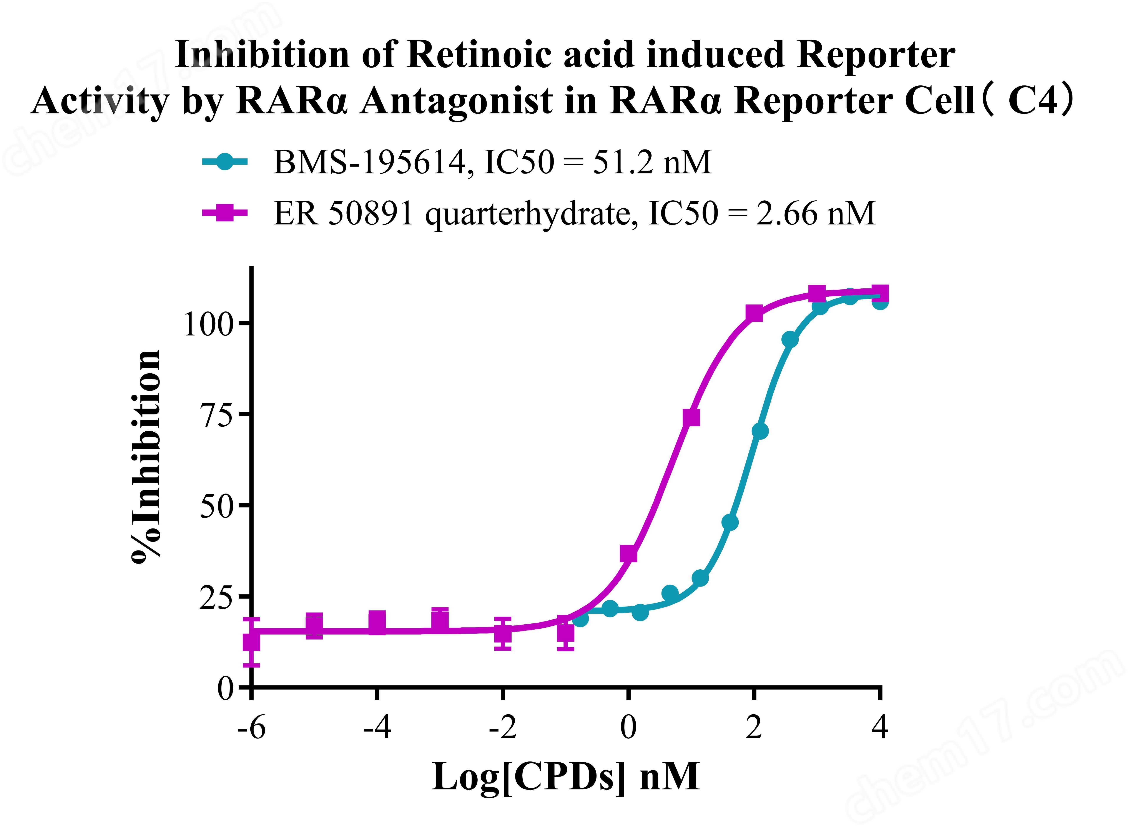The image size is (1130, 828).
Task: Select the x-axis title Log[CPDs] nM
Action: [565, 777]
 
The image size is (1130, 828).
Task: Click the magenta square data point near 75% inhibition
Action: [691, 417]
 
